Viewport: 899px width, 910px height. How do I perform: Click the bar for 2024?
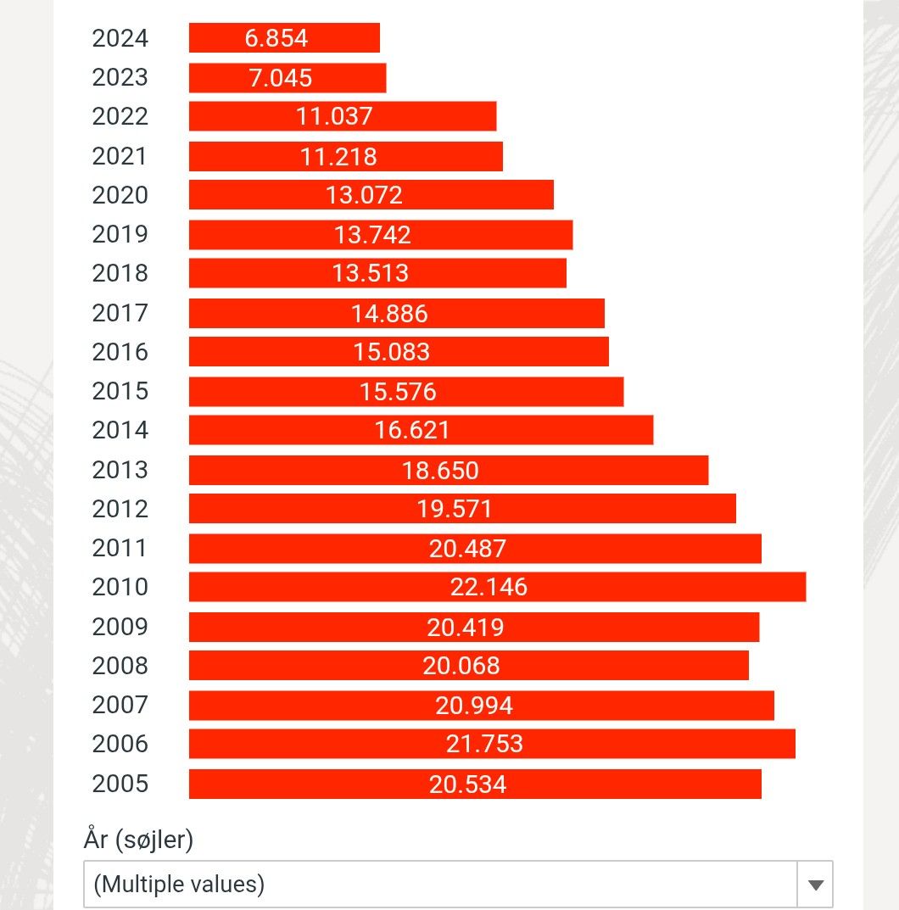(x=284, y=38)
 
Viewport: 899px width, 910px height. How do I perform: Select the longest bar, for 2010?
(x=497, y=587)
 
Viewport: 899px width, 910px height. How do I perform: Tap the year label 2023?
(x=120, y=77)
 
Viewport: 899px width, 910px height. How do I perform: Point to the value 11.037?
(x=334, y=116)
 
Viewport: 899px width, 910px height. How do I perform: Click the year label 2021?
(x=120, y=156)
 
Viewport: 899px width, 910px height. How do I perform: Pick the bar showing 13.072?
(x=371, y=195)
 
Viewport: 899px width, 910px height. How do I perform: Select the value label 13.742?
(x=372, y=234)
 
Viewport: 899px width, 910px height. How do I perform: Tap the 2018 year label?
(x=120, y=273)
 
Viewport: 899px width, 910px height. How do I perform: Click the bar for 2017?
(x=396, y=313)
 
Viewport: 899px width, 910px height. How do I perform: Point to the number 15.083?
(x=391, y=352)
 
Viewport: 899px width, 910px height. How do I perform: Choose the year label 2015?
(x=120, y=391)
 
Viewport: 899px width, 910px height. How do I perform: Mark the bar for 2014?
(x=421, y=430)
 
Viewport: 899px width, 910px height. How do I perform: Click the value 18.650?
(x=440, y=470)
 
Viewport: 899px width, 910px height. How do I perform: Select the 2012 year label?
(x=120, y=509)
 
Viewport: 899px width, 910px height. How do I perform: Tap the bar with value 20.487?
(x=475, y=548)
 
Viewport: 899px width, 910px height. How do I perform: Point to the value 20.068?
(x=461, y=666)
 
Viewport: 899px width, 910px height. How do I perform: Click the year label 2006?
(x=120, y=744)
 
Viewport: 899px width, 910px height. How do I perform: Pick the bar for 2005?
(x=475, y=784)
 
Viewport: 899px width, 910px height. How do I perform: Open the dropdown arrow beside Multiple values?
(x=816, y=885)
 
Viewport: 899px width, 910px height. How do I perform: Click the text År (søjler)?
(x=138, y=840)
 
